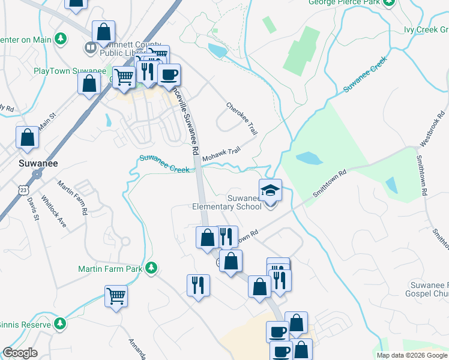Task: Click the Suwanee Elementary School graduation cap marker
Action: (270, 190)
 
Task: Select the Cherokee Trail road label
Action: (241, 118)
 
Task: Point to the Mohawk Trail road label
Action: (221, 154)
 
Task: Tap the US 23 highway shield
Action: (22, 189)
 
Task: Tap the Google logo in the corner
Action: (20, 353)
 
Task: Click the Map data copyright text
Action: (412, 355)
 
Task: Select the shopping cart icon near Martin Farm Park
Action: (116, 295)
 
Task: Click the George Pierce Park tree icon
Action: (388, 2)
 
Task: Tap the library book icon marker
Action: (91, 47)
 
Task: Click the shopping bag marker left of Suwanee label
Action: (28, 137)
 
